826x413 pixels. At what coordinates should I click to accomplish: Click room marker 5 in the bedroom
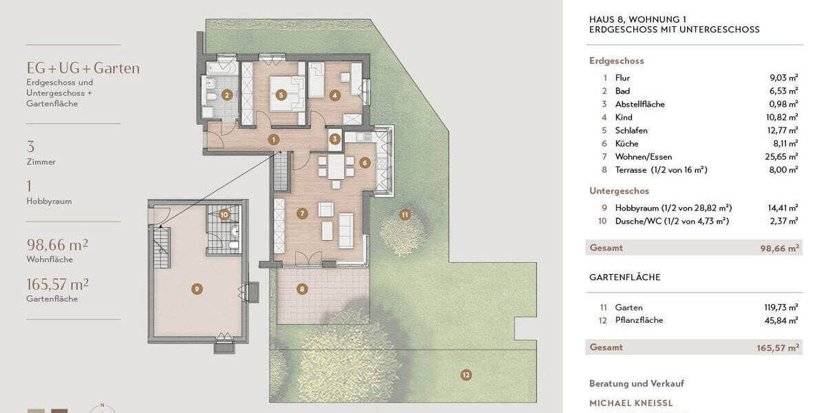click(x=281, y=96)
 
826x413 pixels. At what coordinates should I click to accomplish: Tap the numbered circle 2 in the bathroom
click(x=226, y=96)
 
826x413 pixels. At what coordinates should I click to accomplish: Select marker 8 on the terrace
click(x=302, y=289)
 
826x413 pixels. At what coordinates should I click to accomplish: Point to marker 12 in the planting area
click(x=466, y=375)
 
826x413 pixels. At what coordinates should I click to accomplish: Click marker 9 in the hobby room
click(x=197, y=289)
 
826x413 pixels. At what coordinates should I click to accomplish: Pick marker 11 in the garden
click(x=405, y=214)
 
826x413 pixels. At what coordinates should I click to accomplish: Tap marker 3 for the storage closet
click(x=335, y=139)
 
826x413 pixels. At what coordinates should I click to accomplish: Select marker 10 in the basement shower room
click(x=224, y=214)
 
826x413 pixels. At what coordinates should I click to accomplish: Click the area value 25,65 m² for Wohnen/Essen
click(x=783, y=157)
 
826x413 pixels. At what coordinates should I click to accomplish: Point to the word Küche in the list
click(x=626, y=144)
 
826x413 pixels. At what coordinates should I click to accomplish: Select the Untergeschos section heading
click(x=619, y=191)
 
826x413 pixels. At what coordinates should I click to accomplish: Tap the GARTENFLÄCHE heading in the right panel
click(x=624, y=277)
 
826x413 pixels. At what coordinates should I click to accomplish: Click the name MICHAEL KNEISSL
click(x=631, y=403)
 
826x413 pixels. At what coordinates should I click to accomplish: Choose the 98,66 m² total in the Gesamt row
click(x=783, y=248)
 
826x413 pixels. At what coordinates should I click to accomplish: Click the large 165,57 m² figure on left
click(x=57, y=284)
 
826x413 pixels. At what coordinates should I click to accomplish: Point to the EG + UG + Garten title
click(x=83, y=68)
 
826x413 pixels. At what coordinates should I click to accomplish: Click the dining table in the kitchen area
click(x=335, y=167)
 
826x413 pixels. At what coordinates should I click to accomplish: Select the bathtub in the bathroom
click(x=221, y=70)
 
